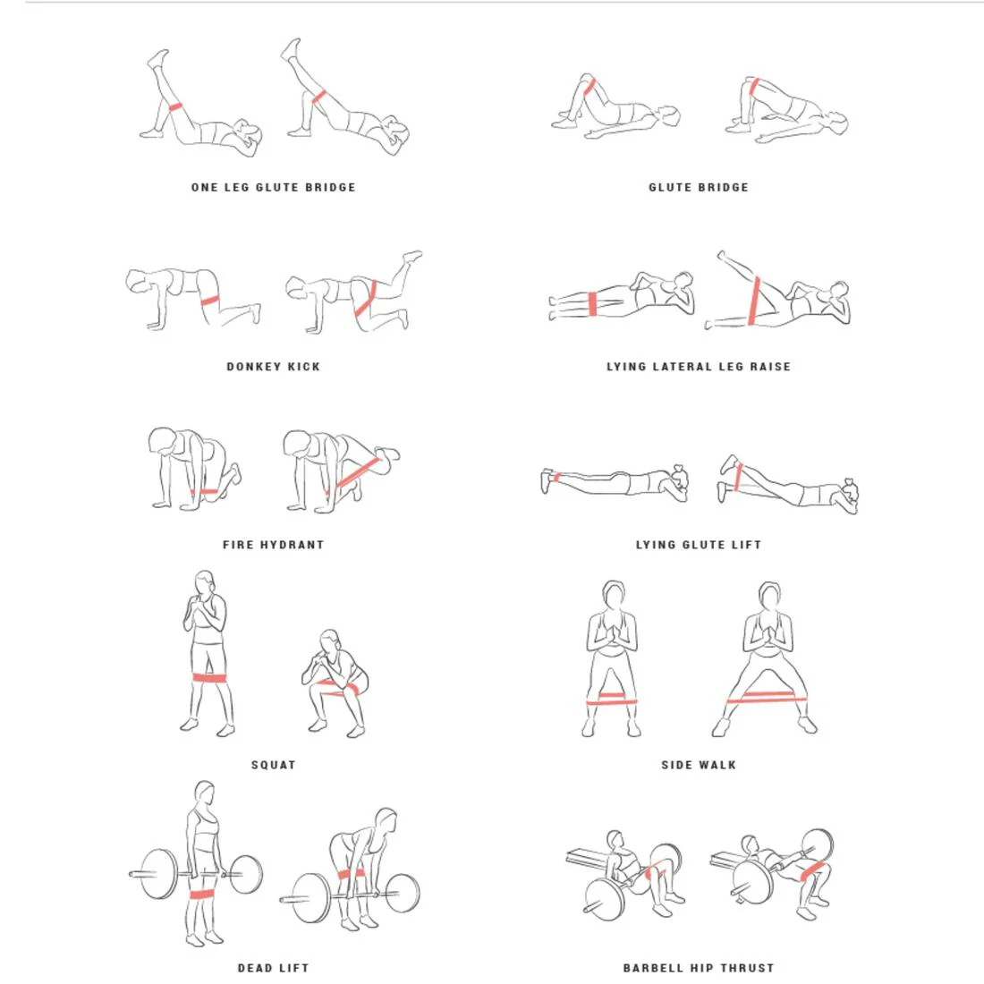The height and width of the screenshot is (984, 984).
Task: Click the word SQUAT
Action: pos(273,764)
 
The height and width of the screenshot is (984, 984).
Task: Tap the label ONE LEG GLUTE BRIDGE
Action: pos(273,187)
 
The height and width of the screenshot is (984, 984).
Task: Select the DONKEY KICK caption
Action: pos(273,367)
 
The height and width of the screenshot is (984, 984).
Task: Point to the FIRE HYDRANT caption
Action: pos(273,545)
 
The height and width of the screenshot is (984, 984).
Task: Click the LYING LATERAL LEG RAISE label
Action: pos(699,367)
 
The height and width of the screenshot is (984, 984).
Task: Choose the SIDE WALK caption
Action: pos(699,764)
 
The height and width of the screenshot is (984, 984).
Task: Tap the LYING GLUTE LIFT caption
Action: pos(699,545)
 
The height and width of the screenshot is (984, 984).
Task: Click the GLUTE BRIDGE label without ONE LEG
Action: pos(699,187)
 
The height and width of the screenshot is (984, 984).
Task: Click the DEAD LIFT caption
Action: pos(273,968)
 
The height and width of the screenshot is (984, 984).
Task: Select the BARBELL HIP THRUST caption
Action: pos(699,968)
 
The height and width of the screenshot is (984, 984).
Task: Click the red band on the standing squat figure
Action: pos(209,678)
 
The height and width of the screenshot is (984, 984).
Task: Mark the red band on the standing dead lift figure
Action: pos(202,894)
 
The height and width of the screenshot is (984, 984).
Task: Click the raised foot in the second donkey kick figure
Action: pos(413,256)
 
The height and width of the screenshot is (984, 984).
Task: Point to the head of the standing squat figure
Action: pos(205,582)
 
